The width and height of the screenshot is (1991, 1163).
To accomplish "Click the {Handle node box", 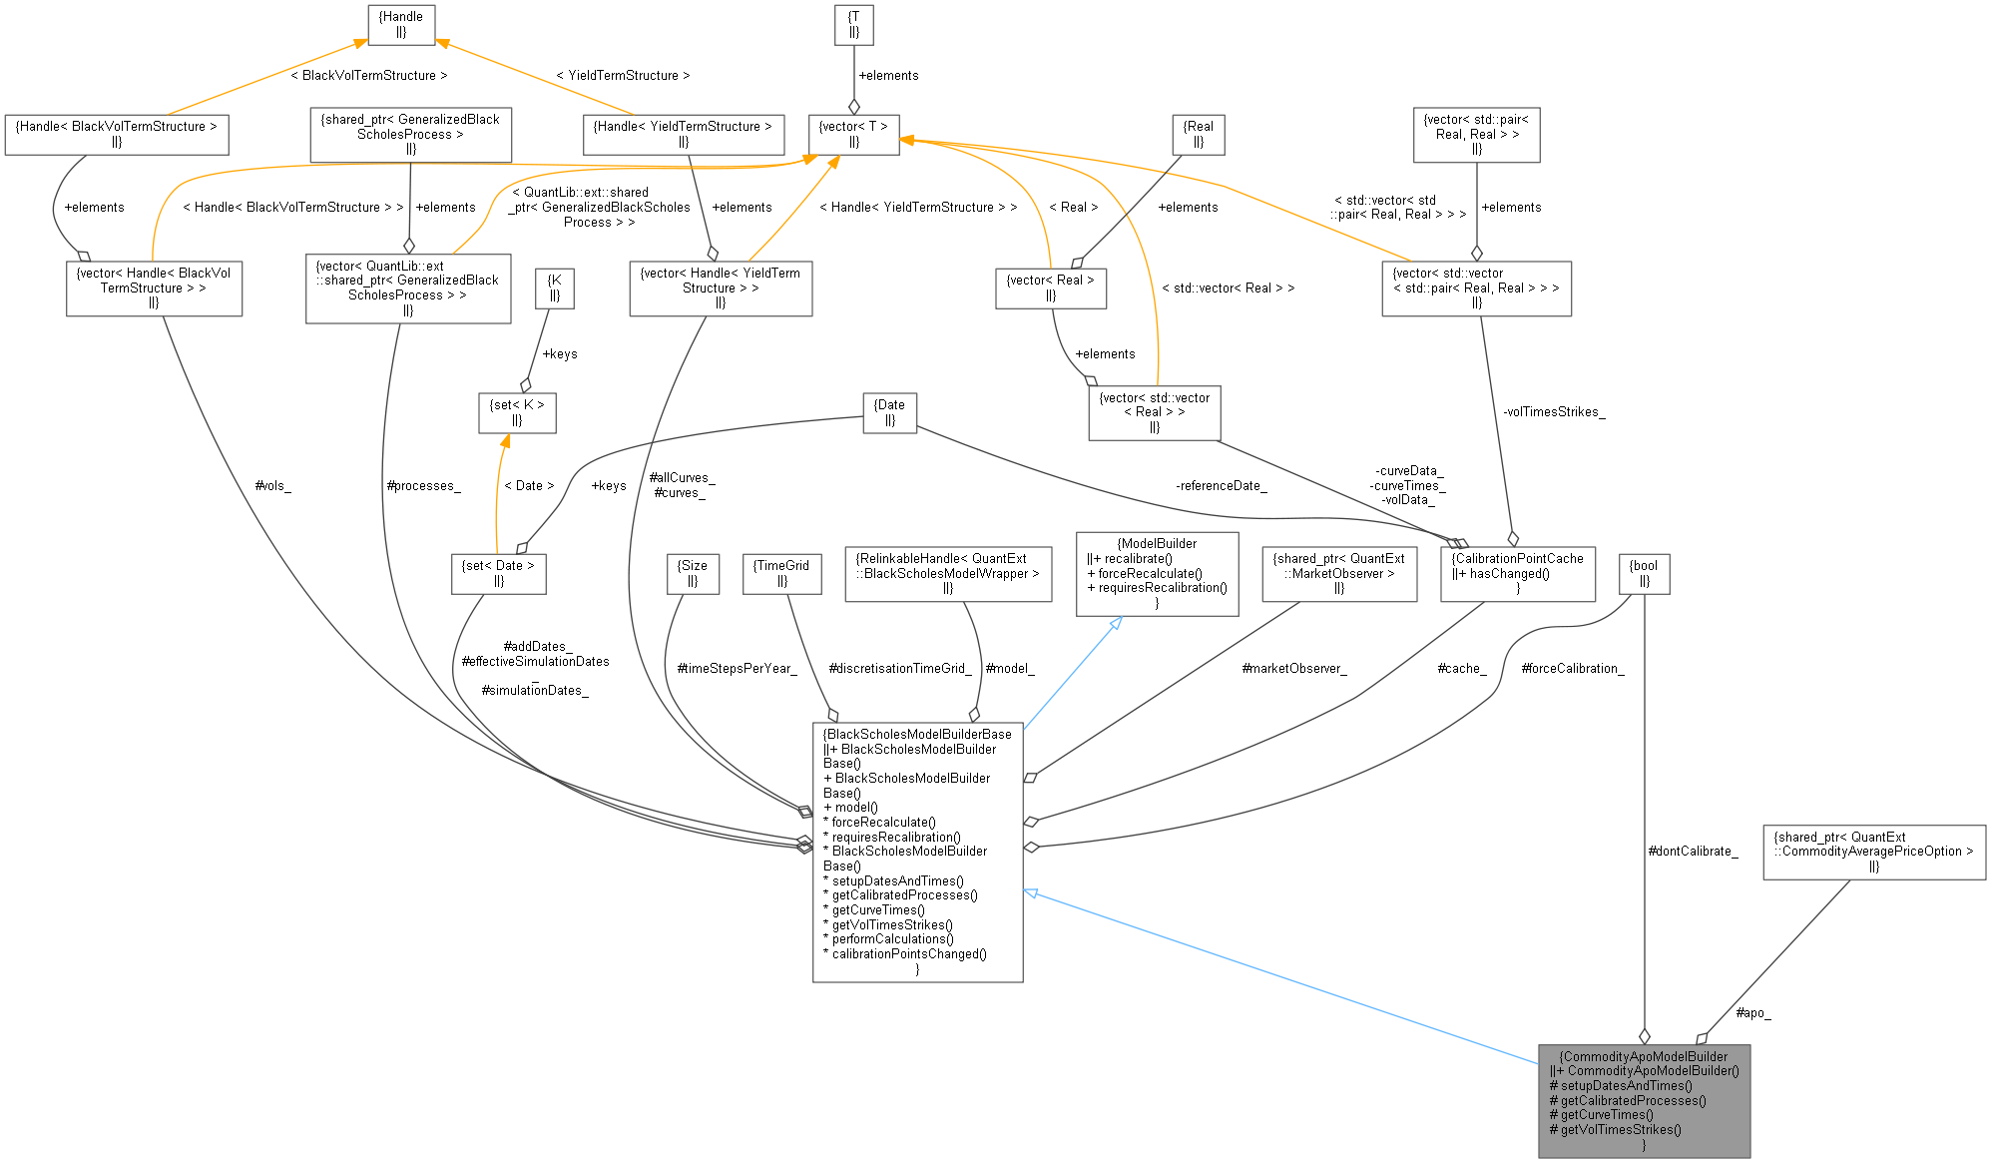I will tap(401, 24).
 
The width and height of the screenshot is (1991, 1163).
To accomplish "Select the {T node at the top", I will tap(853, 24).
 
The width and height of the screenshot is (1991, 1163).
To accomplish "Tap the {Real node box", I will tap(1198, 134).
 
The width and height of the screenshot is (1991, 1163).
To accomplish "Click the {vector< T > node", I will tap(853, 134).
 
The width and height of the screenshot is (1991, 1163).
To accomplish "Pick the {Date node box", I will tap(889, 412).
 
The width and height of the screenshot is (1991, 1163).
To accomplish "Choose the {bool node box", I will tap(1643, 573).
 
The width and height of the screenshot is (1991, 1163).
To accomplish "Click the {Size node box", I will tap(693, 573).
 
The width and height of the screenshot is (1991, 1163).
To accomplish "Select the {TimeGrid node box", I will tap(782, 573).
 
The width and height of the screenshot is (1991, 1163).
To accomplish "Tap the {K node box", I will tap(555, 288).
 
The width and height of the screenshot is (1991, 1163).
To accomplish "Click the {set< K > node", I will tap(517, 412).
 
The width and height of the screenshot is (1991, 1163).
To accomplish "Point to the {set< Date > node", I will tap(498, 573).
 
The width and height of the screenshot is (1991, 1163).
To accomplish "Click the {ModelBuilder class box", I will tap(1157, 573).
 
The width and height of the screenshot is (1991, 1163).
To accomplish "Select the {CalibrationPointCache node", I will tap(1517, 573).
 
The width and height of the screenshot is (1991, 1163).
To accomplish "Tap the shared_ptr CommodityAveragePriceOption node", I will tap(1873, 852).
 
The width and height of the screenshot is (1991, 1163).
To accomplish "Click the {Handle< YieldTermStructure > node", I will tap(683, 134).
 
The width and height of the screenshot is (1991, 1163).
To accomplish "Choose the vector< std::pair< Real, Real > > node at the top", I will tap(1476, 134).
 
